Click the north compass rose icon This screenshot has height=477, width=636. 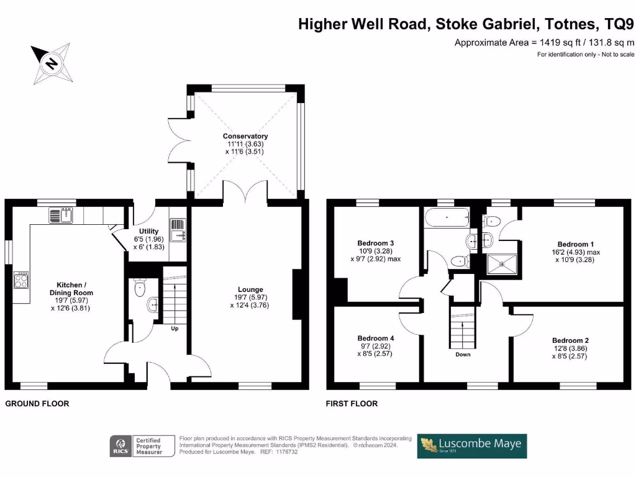(x=52, y=63)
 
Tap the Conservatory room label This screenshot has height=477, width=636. (x=247, y=136)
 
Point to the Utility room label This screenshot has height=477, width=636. (x=148, y=231)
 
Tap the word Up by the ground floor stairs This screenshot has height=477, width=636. (x=175, y=329)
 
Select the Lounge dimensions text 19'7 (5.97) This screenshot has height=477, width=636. (x=250, y=298)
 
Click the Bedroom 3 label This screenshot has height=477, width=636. (x=376, y=243)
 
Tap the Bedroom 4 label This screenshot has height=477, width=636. (x=376, y=338)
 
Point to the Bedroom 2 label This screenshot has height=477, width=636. (x=570, y=340)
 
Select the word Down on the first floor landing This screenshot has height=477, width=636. (x=463, y=355)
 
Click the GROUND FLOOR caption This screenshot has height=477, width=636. (x=37, y=404)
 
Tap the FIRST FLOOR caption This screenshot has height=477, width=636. (x=352, y=404)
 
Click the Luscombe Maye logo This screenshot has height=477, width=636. (x=471, y=445)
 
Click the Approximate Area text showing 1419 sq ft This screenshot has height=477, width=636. (x=545, y=43)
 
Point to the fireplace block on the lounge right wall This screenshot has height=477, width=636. (x=297, y=294)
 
